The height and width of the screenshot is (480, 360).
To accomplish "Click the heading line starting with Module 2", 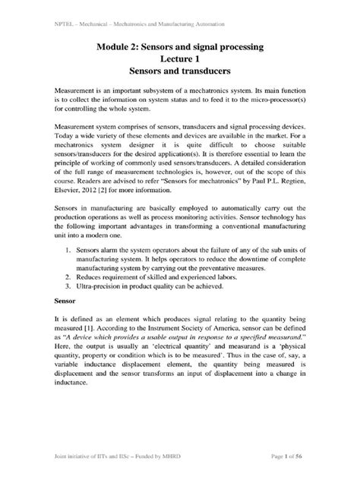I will [x=180, y=48].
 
